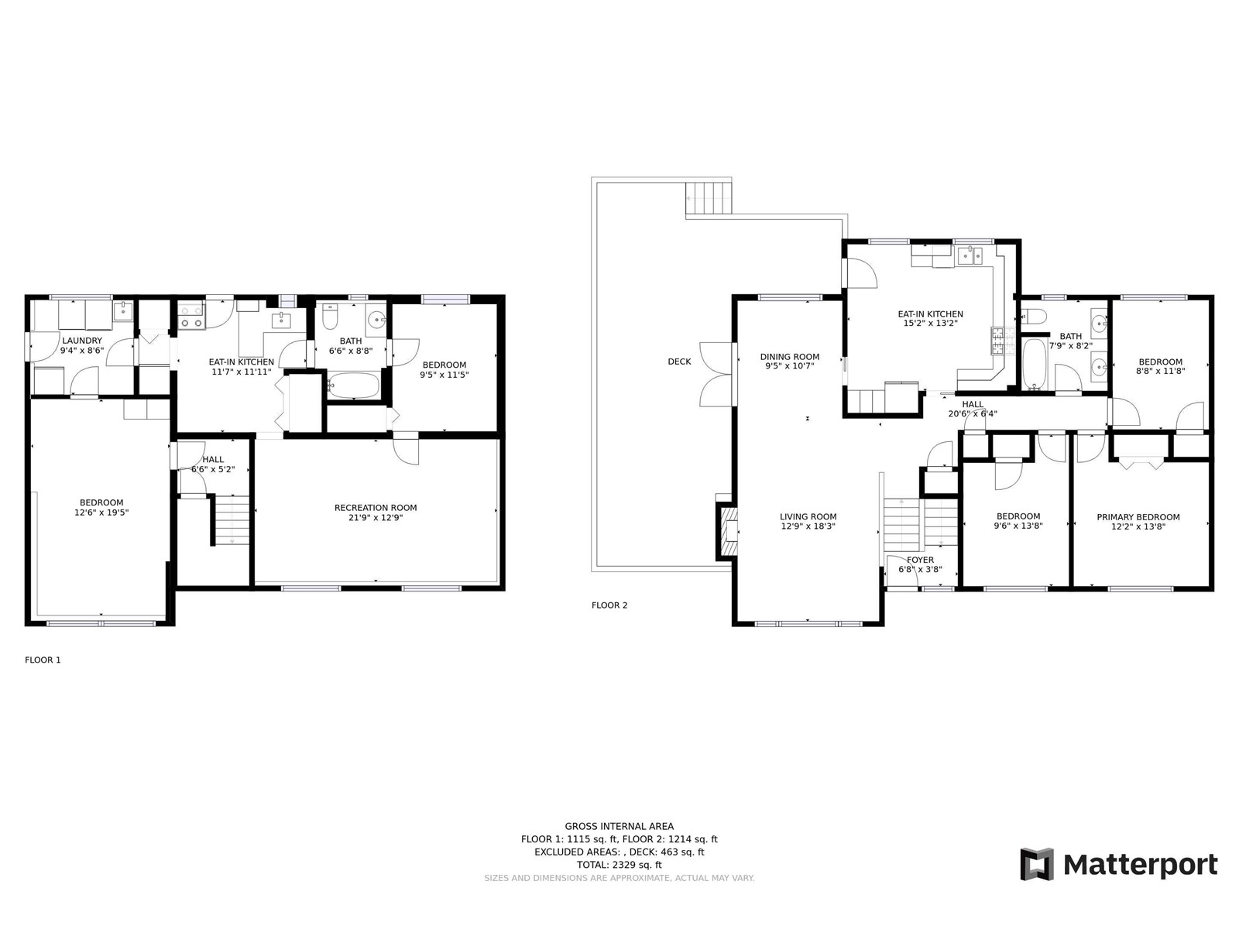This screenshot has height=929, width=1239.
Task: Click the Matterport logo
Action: point(1118,864)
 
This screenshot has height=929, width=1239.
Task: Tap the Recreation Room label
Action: point(376,508)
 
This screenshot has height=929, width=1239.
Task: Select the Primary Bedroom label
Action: point(1138,516)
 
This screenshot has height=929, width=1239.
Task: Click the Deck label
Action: point(679,362)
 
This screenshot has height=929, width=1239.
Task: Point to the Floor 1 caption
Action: point(43,660)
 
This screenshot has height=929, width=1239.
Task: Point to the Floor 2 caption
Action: point(609,605)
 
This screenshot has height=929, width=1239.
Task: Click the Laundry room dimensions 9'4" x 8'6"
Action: point(82,350)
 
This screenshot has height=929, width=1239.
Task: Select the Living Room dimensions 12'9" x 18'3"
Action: point(808,526)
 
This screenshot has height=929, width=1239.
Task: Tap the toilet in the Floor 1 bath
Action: point(330,317)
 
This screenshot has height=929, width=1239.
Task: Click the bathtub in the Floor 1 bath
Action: point(353,386)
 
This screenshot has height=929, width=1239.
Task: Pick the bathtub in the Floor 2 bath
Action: point(1035,364)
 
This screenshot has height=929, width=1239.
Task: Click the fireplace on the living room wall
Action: point(727,531)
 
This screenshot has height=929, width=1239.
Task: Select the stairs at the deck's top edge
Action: point(709,198)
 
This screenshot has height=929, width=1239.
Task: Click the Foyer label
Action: point(920,560)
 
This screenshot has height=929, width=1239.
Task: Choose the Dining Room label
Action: point(789,356)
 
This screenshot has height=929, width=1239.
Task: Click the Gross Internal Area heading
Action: point(619,826)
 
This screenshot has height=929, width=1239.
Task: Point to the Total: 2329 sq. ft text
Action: point(619,865)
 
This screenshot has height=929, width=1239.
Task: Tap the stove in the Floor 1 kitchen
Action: point(190,316)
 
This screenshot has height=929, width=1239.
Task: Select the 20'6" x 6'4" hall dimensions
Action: point(973,413)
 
